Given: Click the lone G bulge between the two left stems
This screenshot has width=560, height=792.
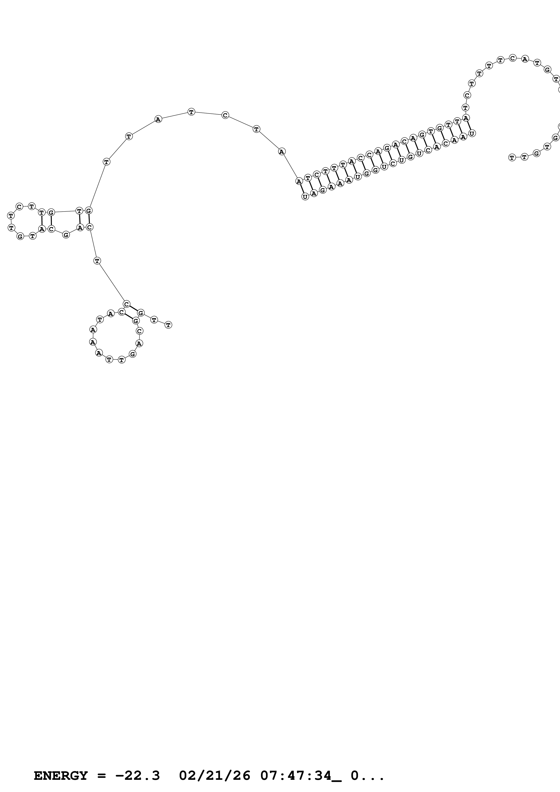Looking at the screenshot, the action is pos(66,235).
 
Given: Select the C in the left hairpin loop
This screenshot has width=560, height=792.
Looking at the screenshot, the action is pos(19,207).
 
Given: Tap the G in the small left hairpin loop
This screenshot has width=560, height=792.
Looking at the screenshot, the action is pos(20,236).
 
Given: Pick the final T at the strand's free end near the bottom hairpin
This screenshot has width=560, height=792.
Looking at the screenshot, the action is pos(168,325).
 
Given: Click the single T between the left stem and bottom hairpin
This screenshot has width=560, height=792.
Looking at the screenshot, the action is pos(97,261).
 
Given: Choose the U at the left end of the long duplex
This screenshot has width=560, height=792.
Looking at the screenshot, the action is pos(305,197).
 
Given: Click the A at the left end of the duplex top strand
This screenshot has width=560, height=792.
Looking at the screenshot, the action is pos(299,181).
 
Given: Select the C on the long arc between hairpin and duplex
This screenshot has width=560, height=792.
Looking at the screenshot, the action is pos(225,115).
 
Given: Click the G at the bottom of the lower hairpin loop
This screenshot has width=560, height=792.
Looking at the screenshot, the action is pos(133,354).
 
